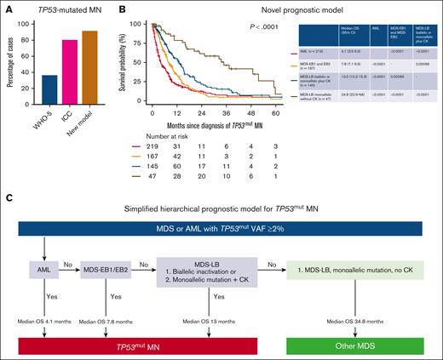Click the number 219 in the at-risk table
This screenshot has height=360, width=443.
pos(157,150)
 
